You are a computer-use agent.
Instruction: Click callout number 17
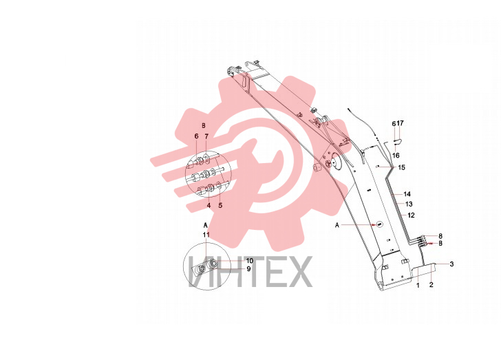pos(400,123)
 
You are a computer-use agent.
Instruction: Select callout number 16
pos(396,156)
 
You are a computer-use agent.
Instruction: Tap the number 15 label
pos(401,167)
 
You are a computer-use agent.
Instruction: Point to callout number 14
pos(407,194)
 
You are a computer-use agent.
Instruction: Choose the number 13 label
pos(409,204)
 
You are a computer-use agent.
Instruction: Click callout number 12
pos(411,215)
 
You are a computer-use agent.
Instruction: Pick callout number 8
pos(440,236)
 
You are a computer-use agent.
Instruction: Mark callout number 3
pos(451,264)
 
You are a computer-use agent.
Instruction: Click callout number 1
pos(418,285)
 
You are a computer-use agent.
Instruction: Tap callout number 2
pos(431,284)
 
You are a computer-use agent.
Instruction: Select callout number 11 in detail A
pos(206,235)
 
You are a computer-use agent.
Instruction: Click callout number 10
pos(250,261)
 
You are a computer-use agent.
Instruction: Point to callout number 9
pos(248,269)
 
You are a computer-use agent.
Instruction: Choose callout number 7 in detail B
pos(206,136)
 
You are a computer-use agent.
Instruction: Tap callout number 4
pos(209,205)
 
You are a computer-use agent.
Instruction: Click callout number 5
pos(220,205)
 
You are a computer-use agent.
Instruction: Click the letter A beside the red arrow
pos(337,225)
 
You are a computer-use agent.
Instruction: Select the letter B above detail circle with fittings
pos(204,125)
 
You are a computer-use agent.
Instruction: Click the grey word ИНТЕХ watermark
pos(250,271)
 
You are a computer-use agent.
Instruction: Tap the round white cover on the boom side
pos(336,162)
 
